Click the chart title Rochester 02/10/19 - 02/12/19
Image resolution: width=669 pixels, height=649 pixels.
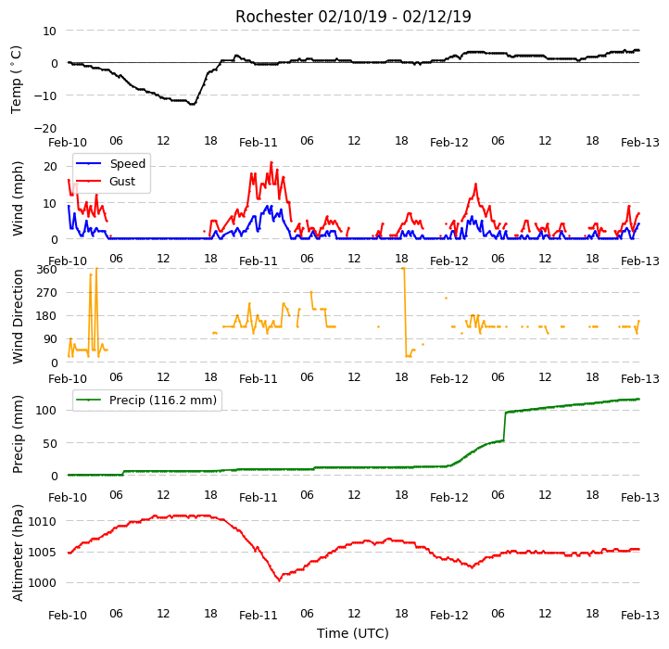(353, 17)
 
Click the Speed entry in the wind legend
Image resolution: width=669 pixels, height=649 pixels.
(128, 163)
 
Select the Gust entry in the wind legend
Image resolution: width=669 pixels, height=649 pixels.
(122, 181)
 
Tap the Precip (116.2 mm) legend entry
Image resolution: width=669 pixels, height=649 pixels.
(163, 401)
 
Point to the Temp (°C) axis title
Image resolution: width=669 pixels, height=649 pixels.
(16, 80)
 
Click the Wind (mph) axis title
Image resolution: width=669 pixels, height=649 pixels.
(17, 198)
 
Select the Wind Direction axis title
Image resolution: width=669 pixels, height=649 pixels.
(17, 316)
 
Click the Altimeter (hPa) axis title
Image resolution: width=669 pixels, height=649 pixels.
(17, 553)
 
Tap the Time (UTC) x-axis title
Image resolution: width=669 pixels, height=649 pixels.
(353, 632)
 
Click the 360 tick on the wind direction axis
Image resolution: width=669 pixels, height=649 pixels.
(46, 270)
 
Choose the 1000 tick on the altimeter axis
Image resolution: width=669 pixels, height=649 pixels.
(43, 583)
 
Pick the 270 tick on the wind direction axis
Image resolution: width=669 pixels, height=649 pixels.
(46, 293)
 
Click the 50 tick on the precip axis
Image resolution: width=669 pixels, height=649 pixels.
(49, 443)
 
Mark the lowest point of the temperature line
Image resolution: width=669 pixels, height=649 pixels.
(193, 104)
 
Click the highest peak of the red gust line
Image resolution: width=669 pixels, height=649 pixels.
(271, 162)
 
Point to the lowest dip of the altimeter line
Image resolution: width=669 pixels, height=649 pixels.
(280, 580)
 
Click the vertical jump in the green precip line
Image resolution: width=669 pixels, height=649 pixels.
(505, 426)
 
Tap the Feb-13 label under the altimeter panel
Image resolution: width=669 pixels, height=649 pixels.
(639, 615)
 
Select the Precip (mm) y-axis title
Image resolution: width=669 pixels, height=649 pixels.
(17, 434)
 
